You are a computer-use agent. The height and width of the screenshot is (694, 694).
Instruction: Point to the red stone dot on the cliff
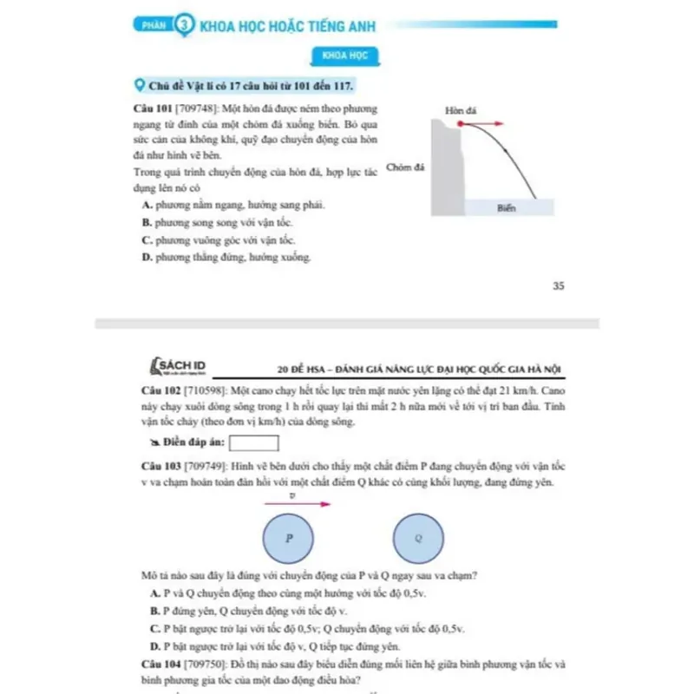461,125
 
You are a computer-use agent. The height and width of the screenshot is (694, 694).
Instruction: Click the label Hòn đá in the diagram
457,111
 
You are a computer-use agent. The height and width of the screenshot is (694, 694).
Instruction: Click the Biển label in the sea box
507,208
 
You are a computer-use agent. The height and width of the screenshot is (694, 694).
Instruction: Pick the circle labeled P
291,538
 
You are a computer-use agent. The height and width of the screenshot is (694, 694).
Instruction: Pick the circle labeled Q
419,538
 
